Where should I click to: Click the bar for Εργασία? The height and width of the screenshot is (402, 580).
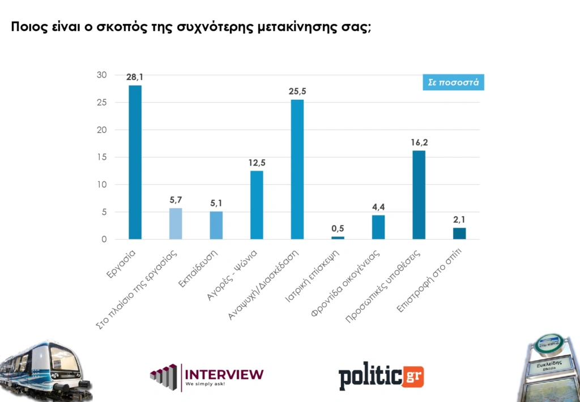coord(135,162)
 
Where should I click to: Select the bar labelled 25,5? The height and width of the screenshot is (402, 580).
coord(297,170)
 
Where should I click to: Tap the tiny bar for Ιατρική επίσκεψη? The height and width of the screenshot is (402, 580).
coord(338,238)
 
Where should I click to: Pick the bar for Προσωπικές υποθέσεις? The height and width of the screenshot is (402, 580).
coord(419,195)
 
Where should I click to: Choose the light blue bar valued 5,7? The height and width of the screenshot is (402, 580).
coord(176,223)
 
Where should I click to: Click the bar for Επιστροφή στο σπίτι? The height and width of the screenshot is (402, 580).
coord(459,234)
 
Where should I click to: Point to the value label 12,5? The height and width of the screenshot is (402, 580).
coord(257,163)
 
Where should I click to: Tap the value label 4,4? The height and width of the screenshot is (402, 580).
coord(378,207)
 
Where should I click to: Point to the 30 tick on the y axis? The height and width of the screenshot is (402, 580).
coord(102,75)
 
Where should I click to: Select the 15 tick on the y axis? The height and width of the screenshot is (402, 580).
coord(102,157)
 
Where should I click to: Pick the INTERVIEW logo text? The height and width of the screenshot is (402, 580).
coord(224,374)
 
